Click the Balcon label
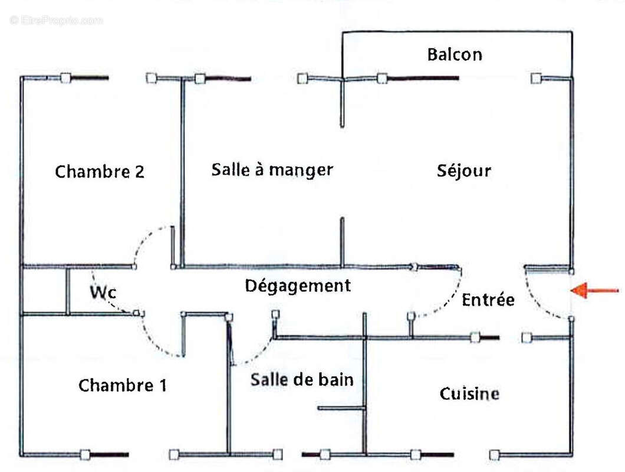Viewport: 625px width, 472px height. [454, 55]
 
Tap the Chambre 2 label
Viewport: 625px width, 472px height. [99, 172]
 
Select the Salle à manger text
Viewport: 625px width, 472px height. [272, 170]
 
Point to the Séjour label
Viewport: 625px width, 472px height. [464, 171]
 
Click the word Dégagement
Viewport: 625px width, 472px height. [298, 286]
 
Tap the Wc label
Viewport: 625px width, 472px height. [103, 291]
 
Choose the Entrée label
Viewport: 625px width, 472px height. [488, 300]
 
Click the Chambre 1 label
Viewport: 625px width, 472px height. [122, 386]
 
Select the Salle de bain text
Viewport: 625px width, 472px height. [302, 379]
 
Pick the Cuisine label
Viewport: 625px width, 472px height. [469, 394]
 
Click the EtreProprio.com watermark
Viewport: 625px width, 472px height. [56, 20]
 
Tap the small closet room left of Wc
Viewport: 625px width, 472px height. [44, 290]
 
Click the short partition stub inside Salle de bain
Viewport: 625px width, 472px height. [341, 408]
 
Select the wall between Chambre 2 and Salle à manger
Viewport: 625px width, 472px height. [182, 171]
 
